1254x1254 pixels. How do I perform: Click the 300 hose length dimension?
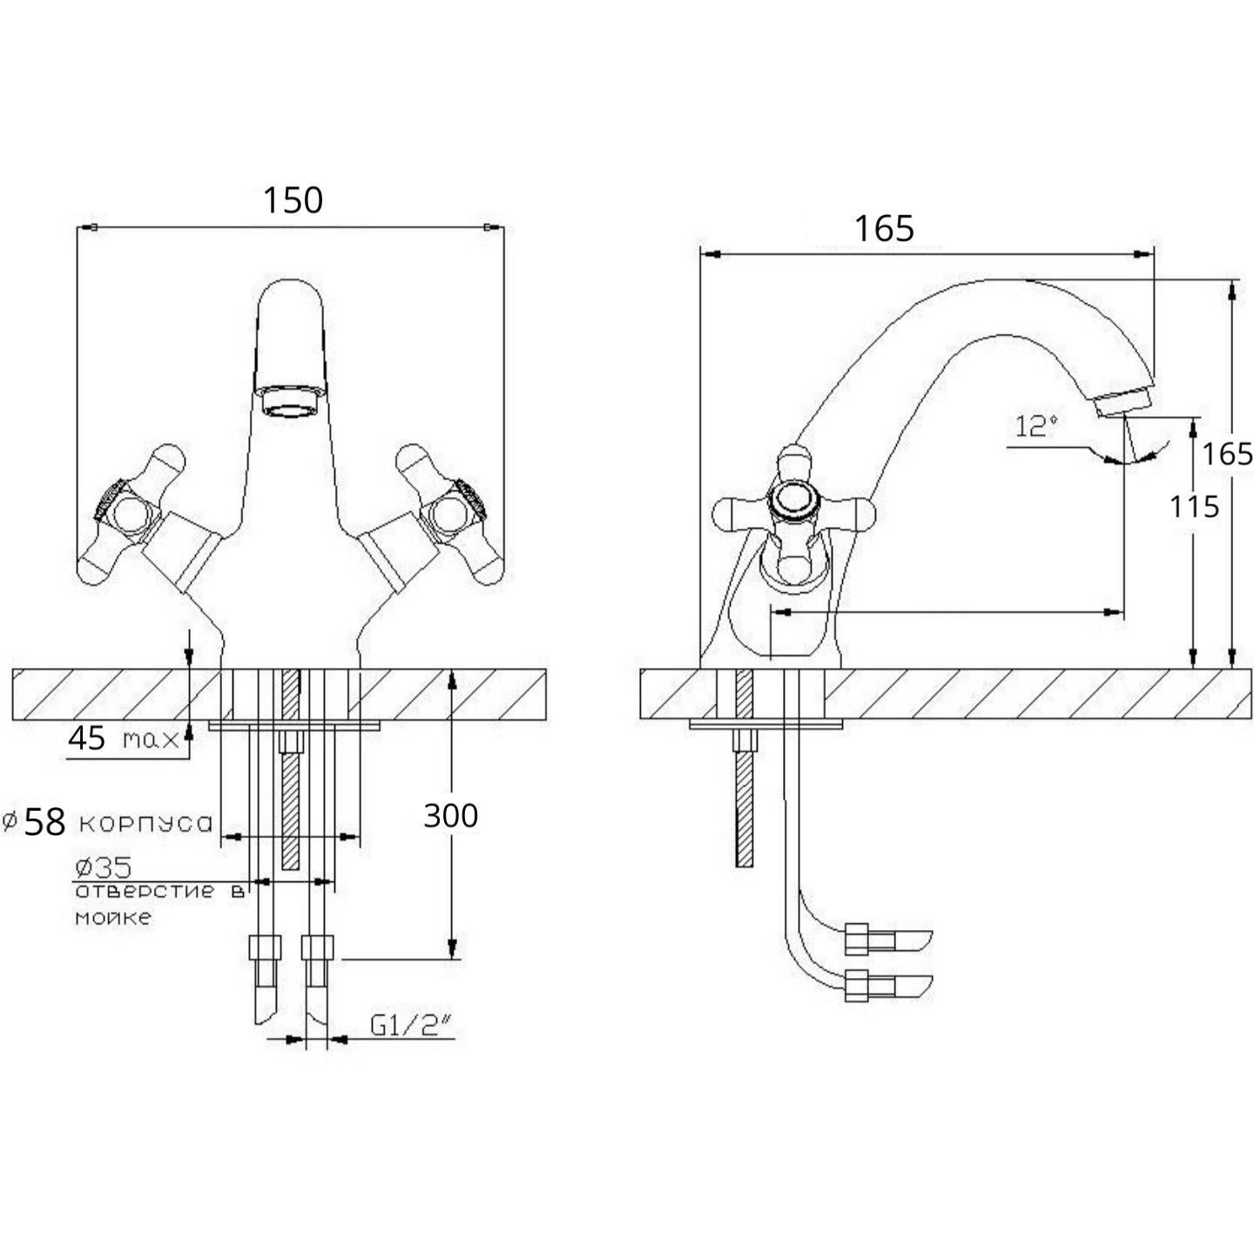click(x=450, y=815)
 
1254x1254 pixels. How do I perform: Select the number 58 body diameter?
click(x=45, y=823)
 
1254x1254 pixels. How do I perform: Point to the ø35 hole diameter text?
click(x=104, y=867)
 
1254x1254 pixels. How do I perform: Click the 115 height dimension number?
click(x=1194, y=506)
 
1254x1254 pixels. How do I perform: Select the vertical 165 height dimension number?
click(x=1227, y=454)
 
